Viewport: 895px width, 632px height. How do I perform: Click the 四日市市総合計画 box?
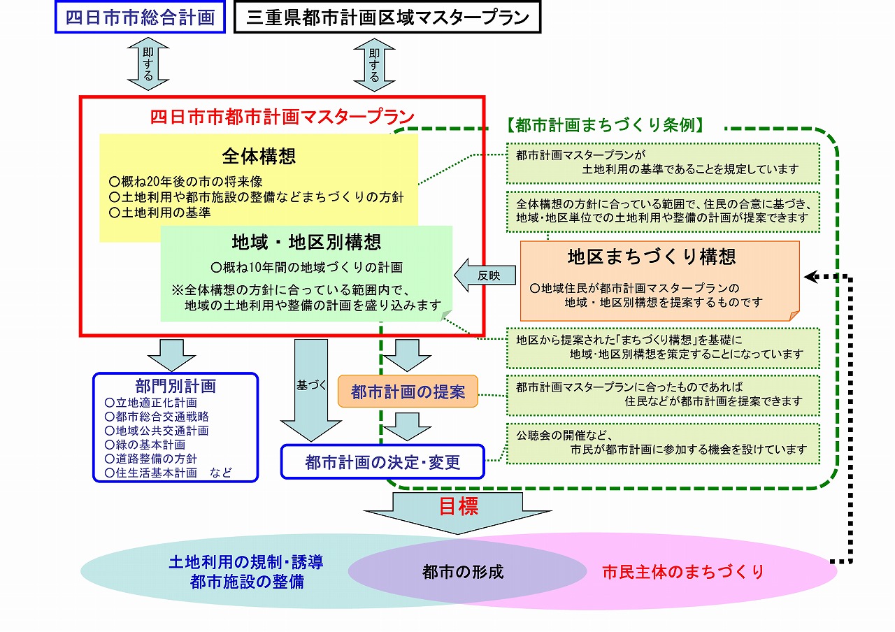[140, 17]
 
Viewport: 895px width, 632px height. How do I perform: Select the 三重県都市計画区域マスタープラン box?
[387, 17]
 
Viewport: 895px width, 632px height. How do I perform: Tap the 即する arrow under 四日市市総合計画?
[148, 64]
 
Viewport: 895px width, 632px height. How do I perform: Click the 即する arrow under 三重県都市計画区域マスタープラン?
[374, 64]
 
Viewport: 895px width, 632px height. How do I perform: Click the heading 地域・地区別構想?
[306, 242]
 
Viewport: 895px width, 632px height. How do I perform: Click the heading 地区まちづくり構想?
[652, 257]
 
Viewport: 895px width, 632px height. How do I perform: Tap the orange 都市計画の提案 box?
[408, 392]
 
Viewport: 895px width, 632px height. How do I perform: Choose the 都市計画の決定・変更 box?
[382, 462]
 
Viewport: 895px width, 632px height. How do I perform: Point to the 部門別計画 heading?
[176, 386]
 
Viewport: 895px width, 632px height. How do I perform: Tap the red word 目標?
[459, 507]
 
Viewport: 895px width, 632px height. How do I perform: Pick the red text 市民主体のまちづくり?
[683, 572]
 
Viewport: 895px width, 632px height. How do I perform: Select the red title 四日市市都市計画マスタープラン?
[282, 116]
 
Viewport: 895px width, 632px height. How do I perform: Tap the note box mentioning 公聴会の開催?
[663, 443]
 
